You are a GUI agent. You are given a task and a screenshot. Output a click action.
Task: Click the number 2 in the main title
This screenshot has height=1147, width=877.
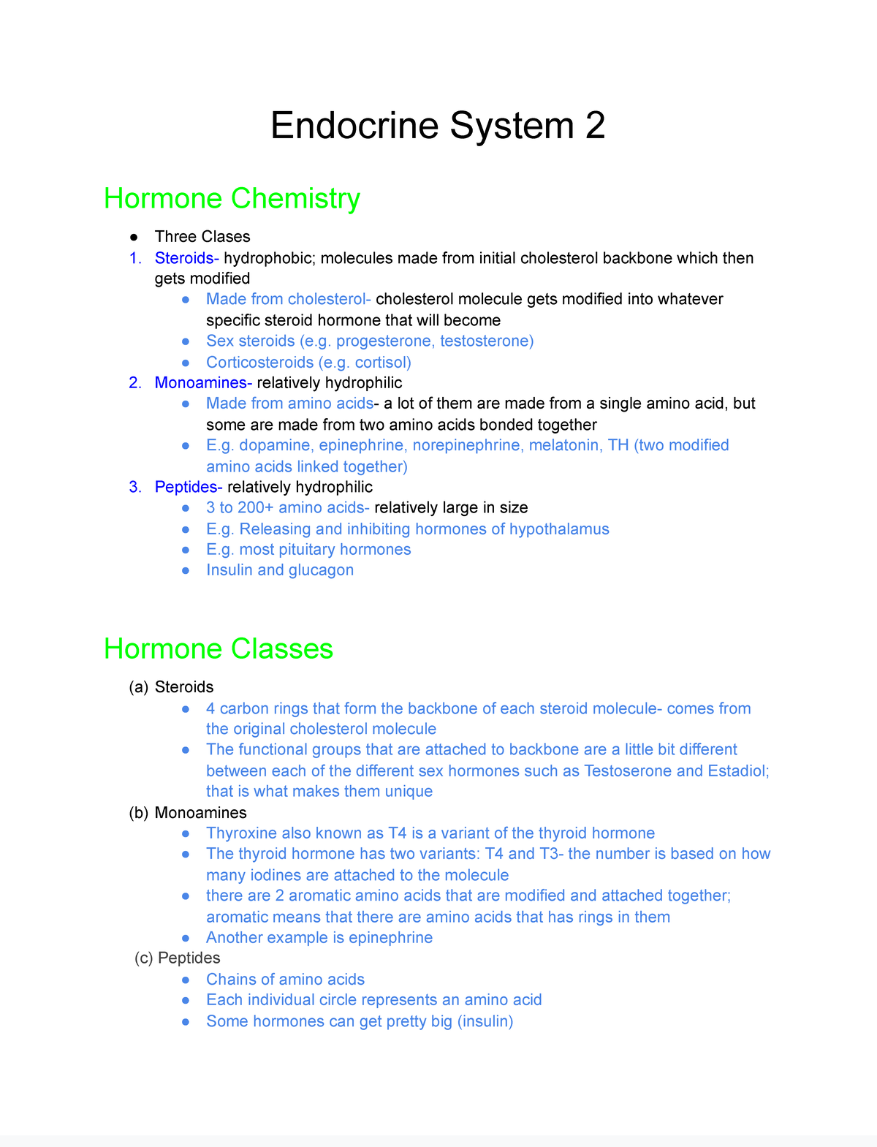point(595,126)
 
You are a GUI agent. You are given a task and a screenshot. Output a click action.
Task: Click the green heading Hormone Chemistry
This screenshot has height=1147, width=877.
point(232,199)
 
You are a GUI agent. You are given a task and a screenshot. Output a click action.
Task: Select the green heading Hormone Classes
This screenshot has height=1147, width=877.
point(218,649)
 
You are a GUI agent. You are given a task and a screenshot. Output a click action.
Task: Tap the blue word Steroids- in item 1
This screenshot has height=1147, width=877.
point(186,258)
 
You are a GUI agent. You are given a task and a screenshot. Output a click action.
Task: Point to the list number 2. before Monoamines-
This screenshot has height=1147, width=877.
point(135,383)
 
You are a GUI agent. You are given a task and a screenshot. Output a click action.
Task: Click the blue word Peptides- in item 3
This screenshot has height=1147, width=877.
point(189,487)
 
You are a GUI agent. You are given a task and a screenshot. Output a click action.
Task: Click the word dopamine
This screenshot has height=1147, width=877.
point(275,445)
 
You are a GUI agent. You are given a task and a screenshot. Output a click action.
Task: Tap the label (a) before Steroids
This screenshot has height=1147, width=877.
point(138,687)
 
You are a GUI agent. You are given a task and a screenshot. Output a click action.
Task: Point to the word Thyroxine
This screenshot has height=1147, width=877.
point(241,833)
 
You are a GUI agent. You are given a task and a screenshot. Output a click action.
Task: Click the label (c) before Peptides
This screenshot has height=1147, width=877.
point(144,958)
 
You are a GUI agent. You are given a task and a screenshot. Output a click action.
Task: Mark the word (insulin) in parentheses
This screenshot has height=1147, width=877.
point(485,1021)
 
